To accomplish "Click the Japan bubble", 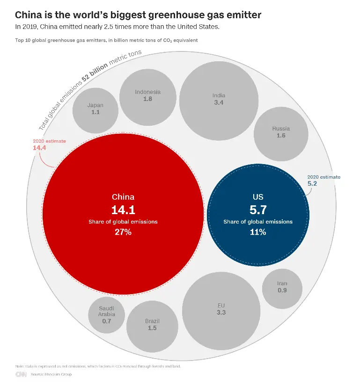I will coord(95,109).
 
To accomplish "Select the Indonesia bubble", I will coord(147,95).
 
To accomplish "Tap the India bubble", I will coord(219,99).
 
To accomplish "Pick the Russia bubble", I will coord(281,132).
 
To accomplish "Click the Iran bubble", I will coord(282,287).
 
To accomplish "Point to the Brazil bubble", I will coord(152,324).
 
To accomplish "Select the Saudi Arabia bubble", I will coord(106,314).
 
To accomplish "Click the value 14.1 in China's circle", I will coord(123,209).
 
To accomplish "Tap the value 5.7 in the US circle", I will coord(258,209).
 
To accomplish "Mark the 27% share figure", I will coord(123,231).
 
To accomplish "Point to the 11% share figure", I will coord(258,231).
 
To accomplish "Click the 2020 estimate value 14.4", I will coord(39,148).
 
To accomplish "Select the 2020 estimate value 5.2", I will coord(312,184).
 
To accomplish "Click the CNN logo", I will coord(21,374).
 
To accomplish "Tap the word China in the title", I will coord(28,15).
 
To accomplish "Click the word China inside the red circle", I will coord(123,197).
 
